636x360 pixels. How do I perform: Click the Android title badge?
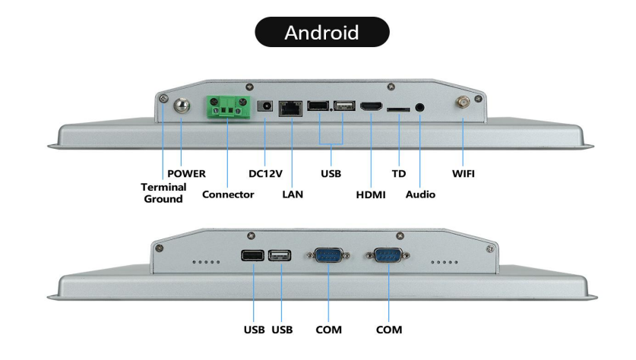tap(321, 33)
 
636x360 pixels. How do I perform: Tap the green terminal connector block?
tap(227, 109)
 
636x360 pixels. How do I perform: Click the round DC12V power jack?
tap(265, 108)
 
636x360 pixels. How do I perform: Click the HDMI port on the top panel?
tap(371, 108)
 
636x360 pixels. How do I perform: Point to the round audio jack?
tap(420, 108)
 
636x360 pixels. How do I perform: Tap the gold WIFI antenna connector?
tap(463, 103)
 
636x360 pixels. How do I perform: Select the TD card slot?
tap(397, 109)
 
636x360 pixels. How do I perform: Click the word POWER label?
tap(187, 173)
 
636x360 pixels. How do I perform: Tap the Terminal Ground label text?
tap(163, 193)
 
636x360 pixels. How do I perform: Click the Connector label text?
tap(228, 194)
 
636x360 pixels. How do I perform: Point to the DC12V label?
tap(266, 173)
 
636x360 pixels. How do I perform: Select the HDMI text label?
tap(371, 194)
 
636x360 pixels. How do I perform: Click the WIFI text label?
tap(464, 173)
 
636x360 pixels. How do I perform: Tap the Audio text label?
tap(420, 194)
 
